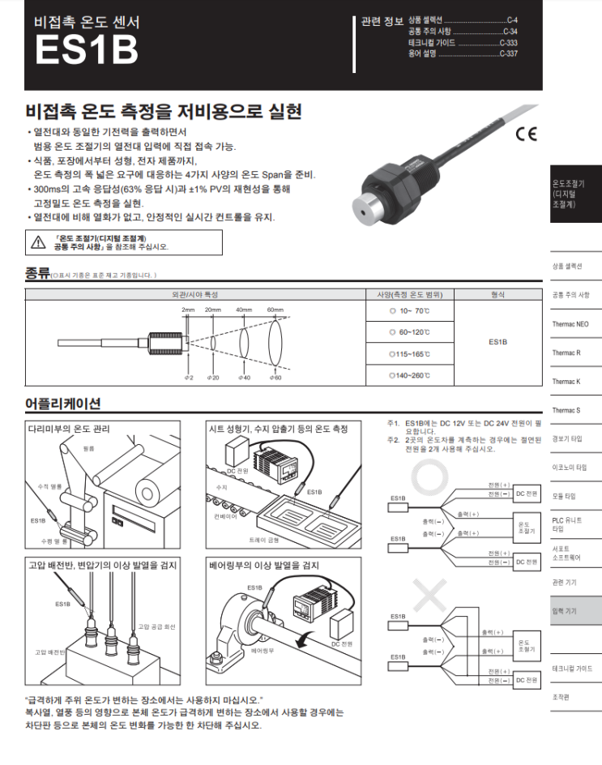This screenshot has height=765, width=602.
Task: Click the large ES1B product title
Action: [x=86, y=49]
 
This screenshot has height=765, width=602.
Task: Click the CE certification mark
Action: [x=525, y=135]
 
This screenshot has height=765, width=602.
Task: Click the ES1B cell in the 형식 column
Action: [x=497, y=342]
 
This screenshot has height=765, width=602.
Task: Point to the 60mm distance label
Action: [x=275, y=310]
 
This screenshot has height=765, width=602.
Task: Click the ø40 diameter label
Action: [x=245, y=378]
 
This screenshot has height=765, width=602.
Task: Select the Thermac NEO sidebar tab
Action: [x=570, y=324]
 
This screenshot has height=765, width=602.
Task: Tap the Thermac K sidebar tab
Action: [x=566, y=381]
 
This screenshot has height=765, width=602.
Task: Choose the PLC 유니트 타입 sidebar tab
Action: [x=567, y=524]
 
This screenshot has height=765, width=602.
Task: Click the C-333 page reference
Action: [x=508, y=42]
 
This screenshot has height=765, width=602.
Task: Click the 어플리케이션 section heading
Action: [x=63, y=404]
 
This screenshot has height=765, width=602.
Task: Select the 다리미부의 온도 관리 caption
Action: [x=69, y=429]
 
